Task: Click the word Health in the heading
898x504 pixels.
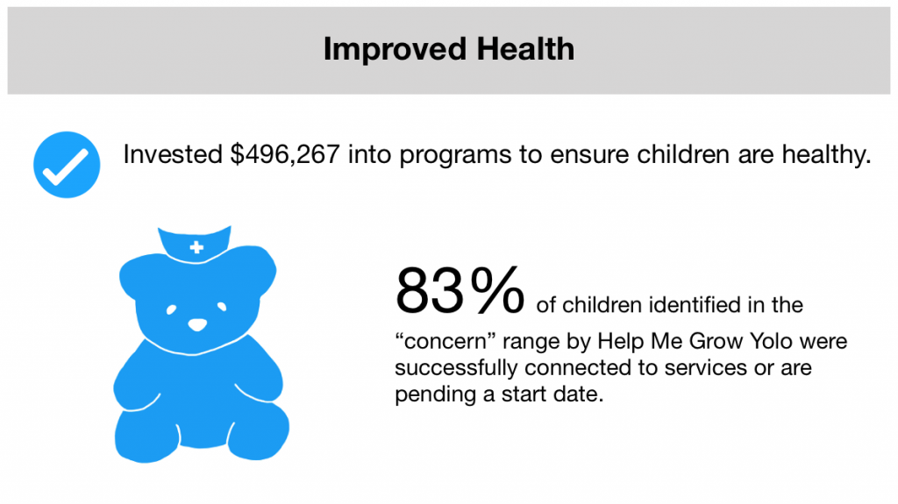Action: click(x=525, y=48)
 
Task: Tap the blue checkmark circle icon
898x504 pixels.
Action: click(x=67, y=165)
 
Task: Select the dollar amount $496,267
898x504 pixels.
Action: click(x=285, y=154)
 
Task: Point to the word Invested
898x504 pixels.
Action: click(x=173, y=154)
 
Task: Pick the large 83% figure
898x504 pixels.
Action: click(x=460, y=290)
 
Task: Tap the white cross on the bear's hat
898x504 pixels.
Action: click(x=196, y=247)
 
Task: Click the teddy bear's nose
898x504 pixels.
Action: click(x=197, y=324)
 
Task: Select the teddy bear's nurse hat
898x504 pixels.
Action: click(x=195, y=245)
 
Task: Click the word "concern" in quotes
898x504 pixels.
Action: click(x=445, y=341)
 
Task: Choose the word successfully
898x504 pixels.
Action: click(x=456, y=368)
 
